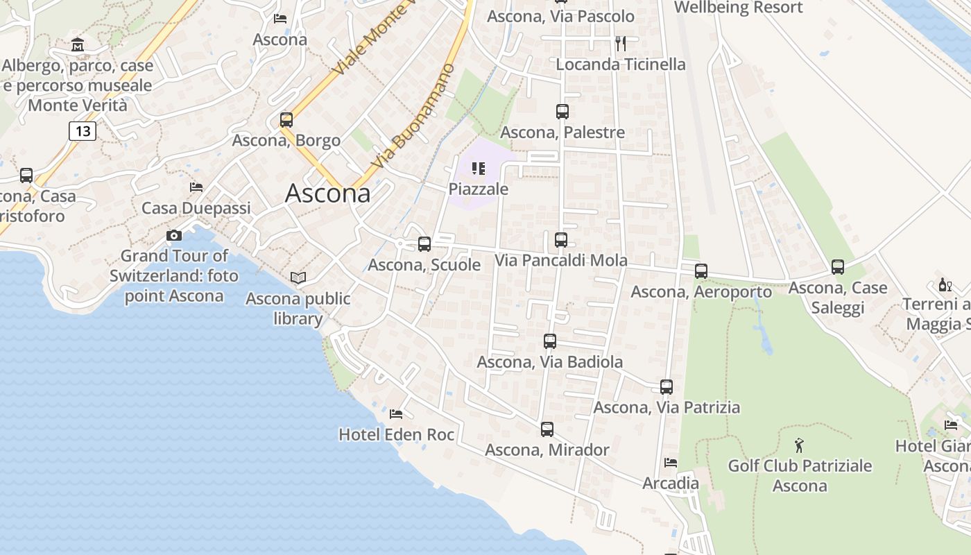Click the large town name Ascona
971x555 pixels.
click(327, 193)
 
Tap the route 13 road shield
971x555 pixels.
click(82, 130)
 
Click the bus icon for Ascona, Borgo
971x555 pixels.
click(286, 119)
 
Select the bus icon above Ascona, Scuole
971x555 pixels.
click(424, 244)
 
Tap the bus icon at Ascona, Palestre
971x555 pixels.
click(562, 111)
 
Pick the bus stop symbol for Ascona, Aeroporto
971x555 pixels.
click(701, 271)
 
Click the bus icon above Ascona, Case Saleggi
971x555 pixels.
click(837, 266)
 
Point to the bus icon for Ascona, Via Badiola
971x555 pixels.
click(549, 341)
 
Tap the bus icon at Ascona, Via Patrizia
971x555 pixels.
click(666, 386)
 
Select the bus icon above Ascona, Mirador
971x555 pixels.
click(547, 429)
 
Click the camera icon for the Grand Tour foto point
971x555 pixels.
click(173, 236)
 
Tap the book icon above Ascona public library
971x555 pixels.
click(298, 278)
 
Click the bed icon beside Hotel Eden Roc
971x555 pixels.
click(395, 414)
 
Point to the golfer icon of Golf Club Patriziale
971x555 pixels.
click(799, 445)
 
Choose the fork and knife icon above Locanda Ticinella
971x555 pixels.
click(620, 44)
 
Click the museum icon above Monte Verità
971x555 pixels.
click(78, 46)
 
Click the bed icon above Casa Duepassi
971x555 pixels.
click(196, 187)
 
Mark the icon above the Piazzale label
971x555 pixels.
click(478, 169)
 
